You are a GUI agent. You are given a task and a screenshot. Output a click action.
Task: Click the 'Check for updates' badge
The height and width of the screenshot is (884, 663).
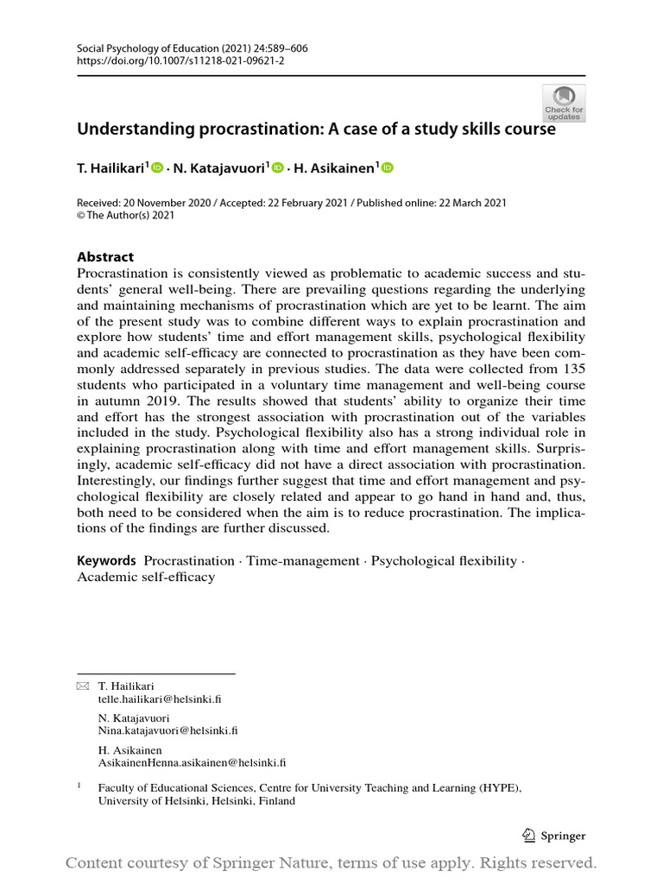pyautogui.click(x=564, y=104)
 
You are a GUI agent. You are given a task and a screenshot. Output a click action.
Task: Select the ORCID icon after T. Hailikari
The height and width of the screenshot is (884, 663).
pyautogui.click(x=157, y=168)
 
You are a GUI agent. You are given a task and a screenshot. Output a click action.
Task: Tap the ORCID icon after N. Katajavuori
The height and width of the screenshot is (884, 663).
pyautogui.click(x=277, y=168)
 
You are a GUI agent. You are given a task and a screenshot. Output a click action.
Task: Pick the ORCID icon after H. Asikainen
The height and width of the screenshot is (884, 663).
pyautogui.click(x=387, y=168)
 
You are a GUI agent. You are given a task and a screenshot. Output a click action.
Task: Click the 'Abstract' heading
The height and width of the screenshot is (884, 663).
pyautogui.click(x=105, y=256)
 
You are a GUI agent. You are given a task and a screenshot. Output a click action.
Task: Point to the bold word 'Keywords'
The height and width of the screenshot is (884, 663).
pyautogui.click(x=107, y=560)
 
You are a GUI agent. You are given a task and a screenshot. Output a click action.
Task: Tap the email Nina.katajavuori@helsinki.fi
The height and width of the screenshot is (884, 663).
pyautogui.click(x=167, y=730)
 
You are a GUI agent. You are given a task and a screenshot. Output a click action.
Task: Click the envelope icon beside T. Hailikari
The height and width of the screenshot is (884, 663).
pyautogui.click(x=83, y=686)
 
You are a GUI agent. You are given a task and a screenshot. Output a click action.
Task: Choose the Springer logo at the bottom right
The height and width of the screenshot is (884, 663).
pyautogui.click(x=554, y=836)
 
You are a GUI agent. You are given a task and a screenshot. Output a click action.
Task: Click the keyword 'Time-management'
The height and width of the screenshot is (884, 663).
pyautogui.click(x=302, y=561)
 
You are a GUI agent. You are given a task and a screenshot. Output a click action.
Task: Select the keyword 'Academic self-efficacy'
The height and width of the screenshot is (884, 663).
pyautogui.click(x=146, y=577)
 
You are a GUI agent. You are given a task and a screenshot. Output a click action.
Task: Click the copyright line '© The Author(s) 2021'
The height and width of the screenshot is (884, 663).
pyautogui.click(x=126, y=216)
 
